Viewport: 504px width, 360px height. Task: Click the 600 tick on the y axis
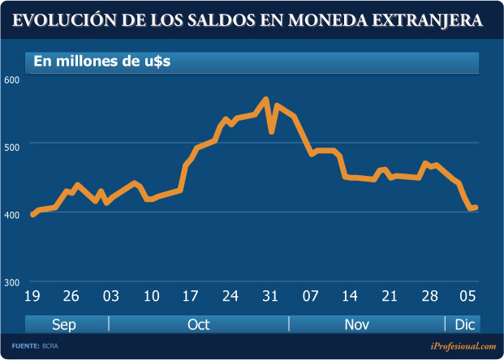click(11, 79)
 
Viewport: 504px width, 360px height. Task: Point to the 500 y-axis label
click(11, 146)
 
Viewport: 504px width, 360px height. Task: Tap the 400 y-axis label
click(11, 213)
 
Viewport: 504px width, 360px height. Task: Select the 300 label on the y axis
click(11, 282)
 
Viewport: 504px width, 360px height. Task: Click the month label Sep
click(64, 324)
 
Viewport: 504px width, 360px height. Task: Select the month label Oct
click(198, 324)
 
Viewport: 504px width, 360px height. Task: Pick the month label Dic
click(463, 324)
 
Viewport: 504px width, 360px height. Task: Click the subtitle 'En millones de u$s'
click(101, 62)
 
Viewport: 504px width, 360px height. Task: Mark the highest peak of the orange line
click(265, 101)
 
